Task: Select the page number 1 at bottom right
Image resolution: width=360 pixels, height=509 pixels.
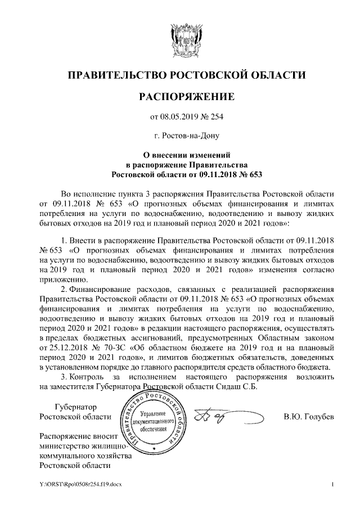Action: point(333,485)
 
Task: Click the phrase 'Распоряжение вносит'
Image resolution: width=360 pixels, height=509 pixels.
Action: point(78,436)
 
